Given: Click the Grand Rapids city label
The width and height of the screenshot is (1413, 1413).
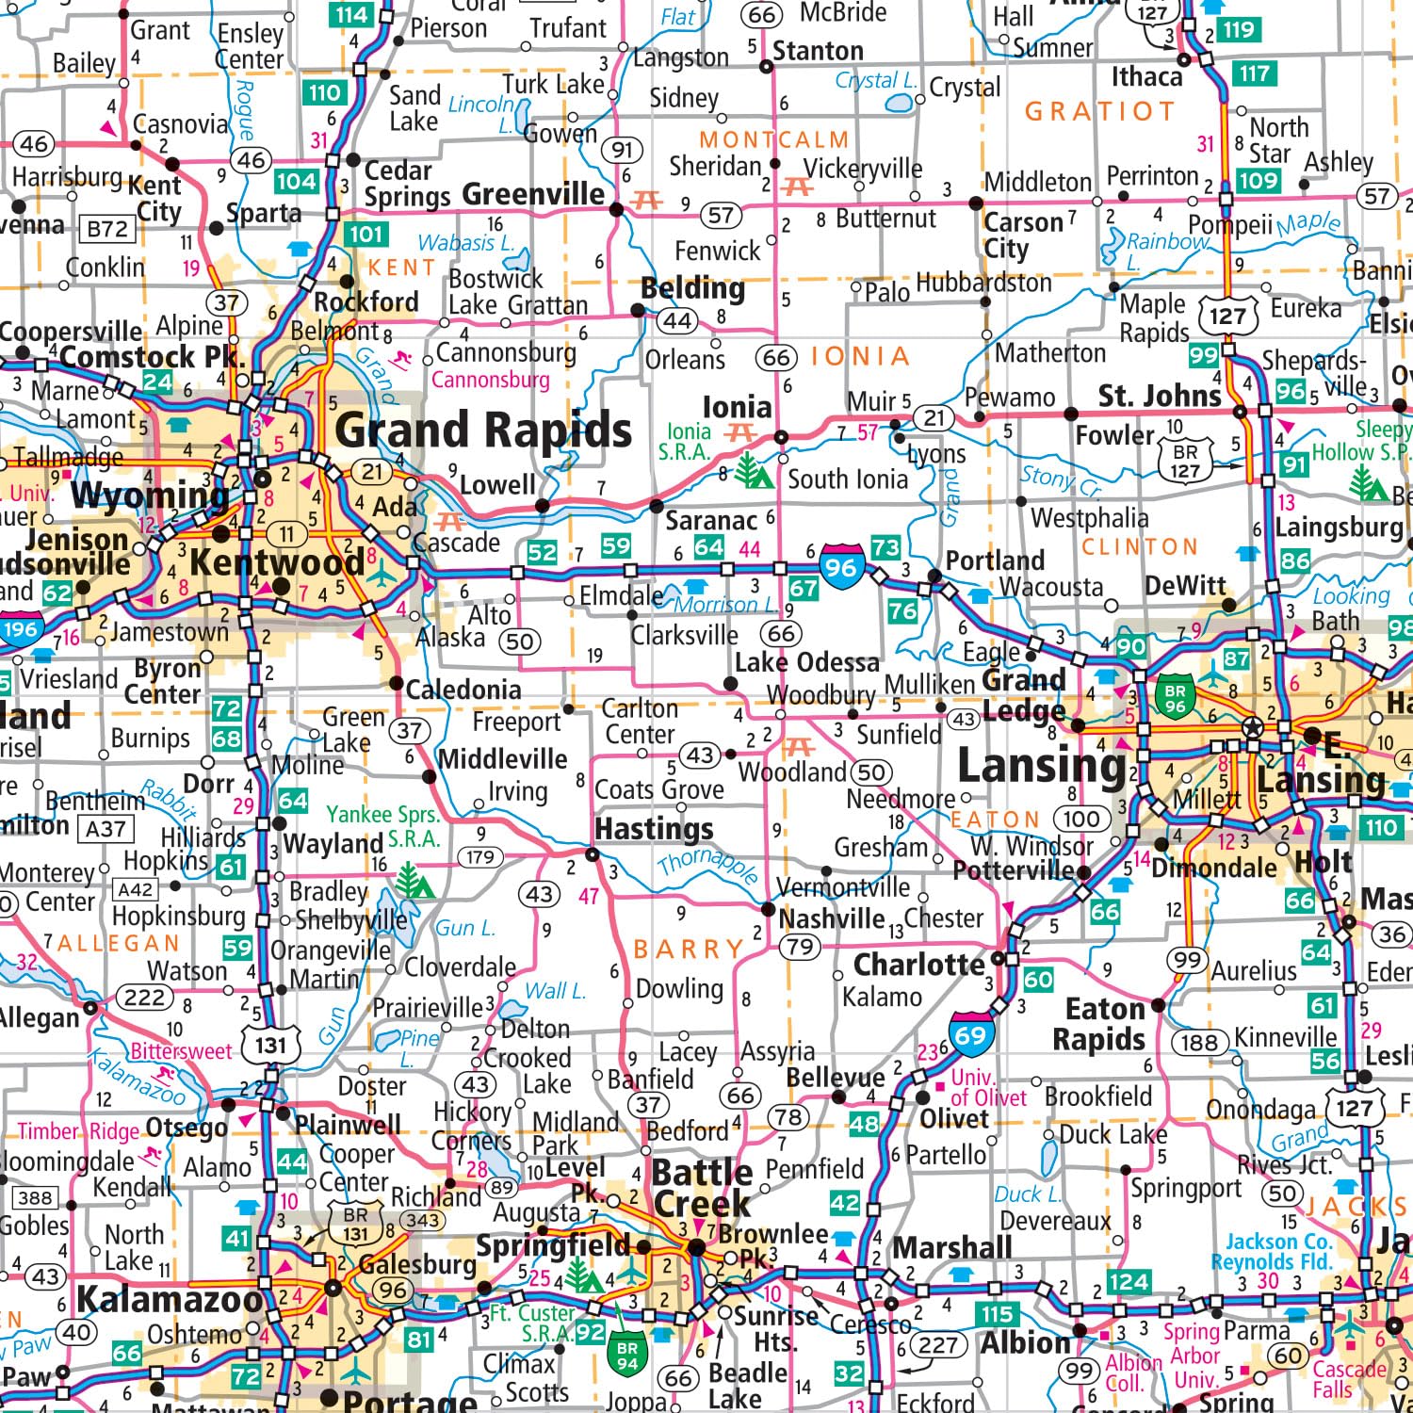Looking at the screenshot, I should tap(483, 430).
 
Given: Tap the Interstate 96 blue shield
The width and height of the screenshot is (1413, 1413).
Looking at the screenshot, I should tap(841, 566).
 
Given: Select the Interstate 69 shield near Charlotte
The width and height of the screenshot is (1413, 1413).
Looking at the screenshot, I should tap(970, 1034).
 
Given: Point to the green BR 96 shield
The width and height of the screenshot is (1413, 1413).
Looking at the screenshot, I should tap(1175, 696).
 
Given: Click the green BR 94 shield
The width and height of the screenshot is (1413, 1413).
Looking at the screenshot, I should tap(627, 1355).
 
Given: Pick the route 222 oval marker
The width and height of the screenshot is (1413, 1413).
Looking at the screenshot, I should tap(144, 998).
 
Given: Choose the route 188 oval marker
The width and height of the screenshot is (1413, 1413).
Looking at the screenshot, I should tap(1199, 1042).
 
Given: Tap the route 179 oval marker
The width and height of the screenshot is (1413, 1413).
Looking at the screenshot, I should tap(480, 857).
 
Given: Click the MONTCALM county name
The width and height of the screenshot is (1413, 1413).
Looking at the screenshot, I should tap(774, 140).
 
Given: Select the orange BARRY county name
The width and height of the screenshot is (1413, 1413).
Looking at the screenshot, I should tap(689, 949).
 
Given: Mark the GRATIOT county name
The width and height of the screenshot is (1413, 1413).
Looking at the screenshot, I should tap(1099, 112).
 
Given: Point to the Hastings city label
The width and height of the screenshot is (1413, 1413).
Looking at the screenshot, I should tap(655, 829).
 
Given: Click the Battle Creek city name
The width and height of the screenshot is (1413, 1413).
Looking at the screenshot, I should tap(702, 1188).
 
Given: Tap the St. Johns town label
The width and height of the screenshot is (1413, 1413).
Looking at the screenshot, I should tap(1160, 397).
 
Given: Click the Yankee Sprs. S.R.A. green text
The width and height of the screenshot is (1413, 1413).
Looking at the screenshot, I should tap(383, 826).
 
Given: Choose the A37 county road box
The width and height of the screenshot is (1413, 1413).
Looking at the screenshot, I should tap(106, 829).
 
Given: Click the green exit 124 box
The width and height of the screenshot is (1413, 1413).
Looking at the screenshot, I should tap(1128, 1281).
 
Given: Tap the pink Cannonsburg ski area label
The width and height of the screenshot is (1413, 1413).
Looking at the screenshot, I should tap(490, 380).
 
